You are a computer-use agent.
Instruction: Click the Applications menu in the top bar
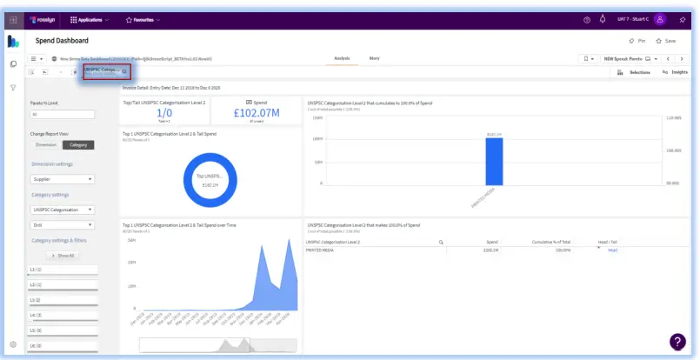[x=88, y=19]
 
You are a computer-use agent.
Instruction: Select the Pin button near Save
[x=637, y=41]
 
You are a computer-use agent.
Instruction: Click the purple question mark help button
[x=677, y=342]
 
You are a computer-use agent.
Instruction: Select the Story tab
[x=374, y=58]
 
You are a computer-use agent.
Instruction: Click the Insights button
[x=675, y=72]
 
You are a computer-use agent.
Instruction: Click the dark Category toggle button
[x=78, y=144]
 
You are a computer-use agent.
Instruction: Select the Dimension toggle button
[x=46, y=144]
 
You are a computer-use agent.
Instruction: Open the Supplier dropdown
[x=62, y=179]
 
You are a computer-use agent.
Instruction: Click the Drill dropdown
[x=62, y=224]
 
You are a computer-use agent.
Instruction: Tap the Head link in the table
[x=612, y=250]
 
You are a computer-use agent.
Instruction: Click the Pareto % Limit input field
[x=62, y=114]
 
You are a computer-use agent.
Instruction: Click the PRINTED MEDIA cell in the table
[x=322, y=250]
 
